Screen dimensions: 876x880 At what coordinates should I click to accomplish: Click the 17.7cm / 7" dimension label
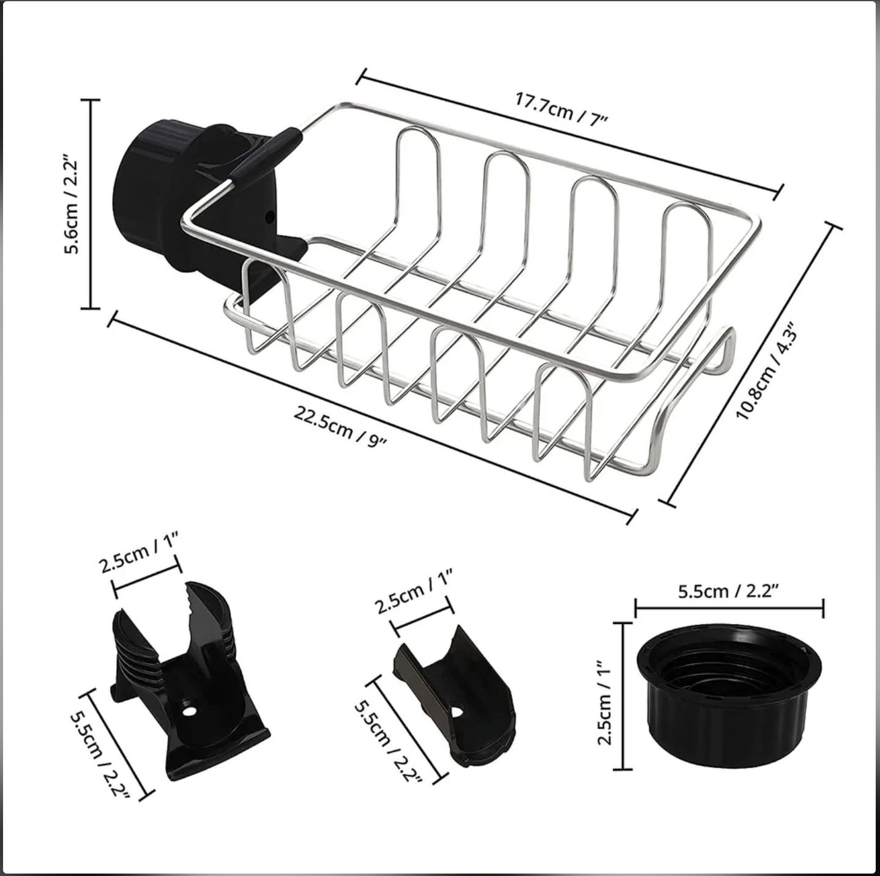561,108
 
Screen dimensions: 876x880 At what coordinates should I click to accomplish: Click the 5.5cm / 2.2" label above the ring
728,591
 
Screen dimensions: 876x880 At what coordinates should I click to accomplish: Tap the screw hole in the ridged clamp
188,711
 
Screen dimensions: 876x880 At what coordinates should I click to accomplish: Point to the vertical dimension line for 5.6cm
91,205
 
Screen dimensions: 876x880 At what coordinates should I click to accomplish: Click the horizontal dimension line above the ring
729,607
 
